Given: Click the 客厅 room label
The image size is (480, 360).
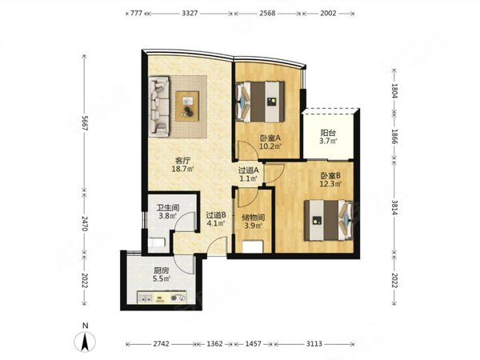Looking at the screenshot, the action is tap(182, 161).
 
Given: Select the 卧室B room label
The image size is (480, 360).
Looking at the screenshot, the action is tap(330, 176).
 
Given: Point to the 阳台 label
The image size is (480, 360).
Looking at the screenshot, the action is tap(328, 133).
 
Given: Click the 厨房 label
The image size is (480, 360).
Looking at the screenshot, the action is tap(162, 270).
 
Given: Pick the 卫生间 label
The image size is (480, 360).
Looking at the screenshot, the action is tap(168, 207).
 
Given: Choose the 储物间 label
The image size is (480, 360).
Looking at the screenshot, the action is tap(253, 218).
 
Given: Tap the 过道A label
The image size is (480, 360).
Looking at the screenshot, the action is tap(249, 170).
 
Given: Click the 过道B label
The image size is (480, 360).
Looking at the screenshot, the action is tap(216, 215).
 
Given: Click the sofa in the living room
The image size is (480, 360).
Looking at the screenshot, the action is tap(159, 106).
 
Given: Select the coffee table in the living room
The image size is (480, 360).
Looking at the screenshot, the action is tap(187, 106).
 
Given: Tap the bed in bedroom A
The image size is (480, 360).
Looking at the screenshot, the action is tap(261, 102).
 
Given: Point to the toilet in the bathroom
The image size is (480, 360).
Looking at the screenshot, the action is tap(157, 243).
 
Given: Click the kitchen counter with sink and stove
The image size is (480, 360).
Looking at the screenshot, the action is tap(162, 298).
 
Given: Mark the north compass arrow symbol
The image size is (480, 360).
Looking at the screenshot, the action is tap(85, 342).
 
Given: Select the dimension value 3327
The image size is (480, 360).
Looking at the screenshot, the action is tap(190, 13).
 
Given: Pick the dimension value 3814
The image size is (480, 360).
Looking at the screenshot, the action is tap(394, 208).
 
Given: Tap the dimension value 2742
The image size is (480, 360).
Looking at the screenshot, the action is tap(161, 344).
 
